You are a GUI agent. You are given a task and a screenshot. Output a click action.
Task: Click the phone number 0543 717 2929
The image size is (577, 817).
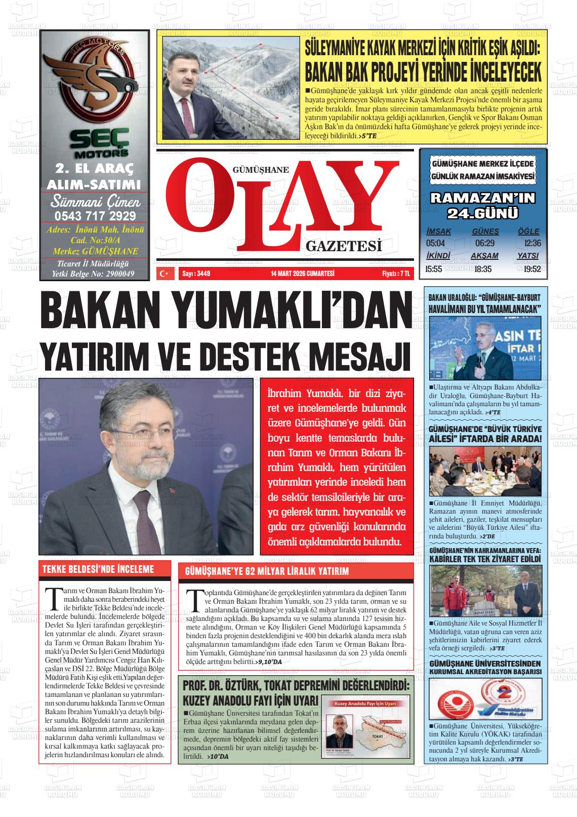point(95,216)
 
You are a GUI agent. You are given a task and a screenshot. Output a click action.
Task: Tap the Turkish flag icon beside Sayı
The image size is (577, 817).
point(163,274)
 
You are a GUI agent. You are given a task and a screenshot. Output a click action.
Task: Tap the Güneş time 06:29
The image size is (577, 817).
point(484,243)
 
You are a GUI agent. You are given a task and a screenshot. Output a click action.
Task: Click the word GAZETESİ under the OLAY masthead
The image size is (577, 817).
point(343,247)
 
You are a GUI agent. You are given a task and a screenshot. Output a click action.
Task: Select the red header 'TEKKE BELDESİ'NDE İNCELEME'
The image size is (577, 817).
point(98,569)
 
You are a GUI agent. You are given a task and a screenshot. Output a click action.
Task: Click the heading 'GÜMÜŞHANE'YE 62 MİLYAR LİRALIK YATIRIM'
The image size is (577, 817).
point(267,571)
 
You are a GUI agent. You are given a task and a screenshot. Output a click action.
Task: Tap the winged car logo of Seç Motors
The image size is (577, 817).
point(95,81)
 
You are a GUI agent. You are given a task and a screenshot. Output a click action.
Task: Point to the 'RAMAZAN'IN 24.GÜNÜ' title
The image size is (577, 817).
point(482,206)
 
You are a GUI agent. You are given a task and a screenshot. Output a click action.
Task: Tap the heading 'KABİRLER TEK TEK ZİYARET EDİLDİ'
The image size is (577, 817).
point(485,559)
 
